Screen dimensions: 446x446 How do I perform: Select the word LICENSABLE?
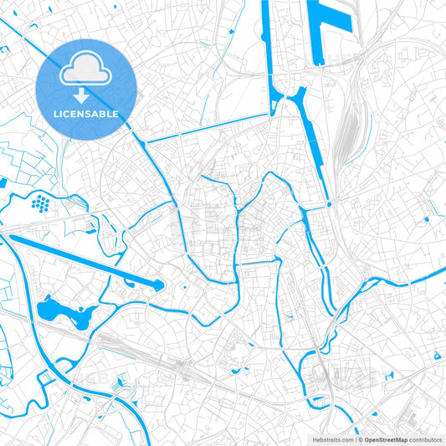click(86, 114)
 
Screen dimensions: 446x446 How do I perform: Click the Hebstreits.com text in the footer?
click(331, 438)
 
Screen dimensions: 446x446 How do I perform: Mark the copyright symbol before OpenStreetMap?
click(360, 438)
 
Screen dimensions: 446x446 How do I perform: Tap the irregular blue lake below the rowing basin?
click(64, 311)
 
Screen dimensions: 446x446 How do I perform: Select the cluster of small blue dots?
click(39, 202)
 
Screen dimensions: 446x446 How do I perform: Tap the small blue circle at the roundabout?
click(330, 204)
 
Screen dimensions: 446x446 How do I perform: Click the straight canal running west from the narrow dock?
click(209, 128)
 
